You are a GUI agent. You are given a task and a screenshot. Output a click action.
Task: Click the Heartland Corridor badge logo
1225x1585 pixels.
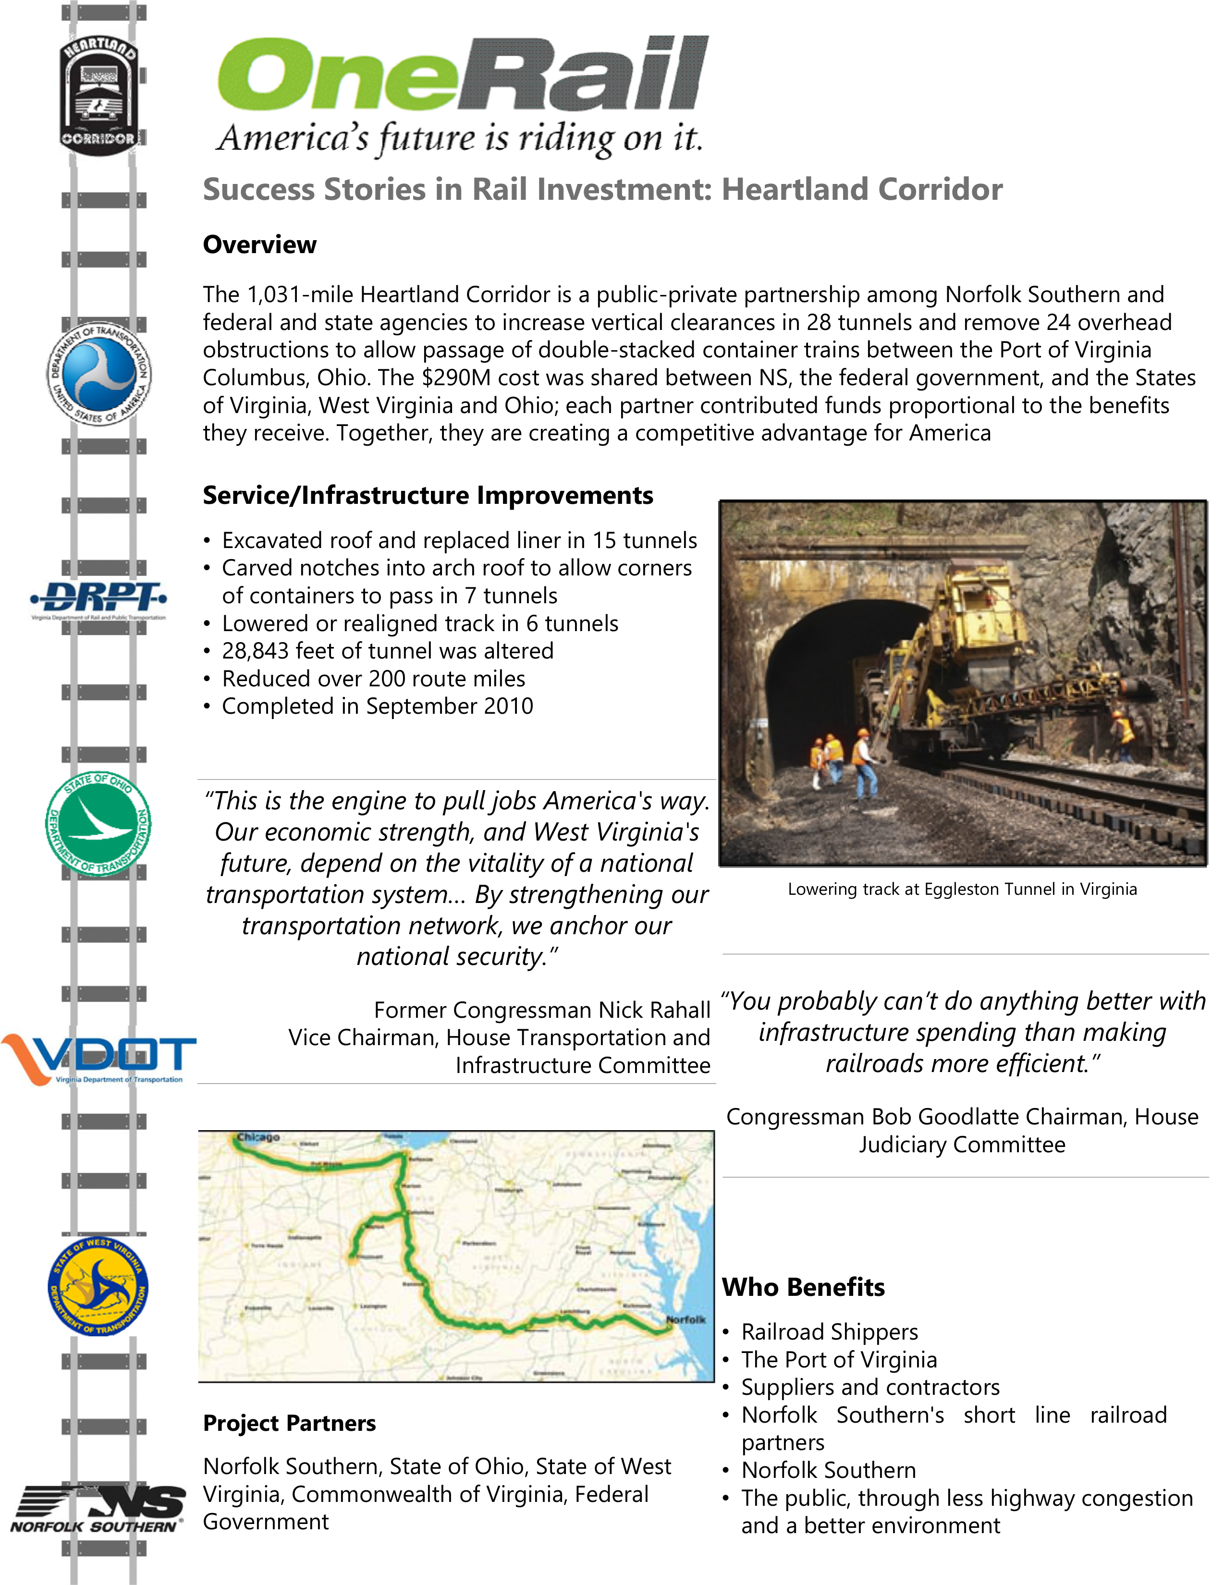(98, 94)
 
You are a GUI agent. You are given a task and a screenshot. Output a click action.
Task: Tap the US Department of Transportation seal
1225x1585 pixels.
(98, 373)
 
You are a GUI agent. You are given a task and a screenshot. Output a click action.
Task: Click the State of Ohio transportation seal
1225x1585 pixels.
(98, 824)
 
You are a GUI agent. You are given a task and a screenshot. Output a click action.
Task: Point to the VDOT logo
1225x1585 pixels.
(98, 1059)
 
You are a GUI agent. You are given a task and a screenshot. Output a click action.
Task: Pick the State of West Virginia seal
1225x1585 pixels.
(98, 1286)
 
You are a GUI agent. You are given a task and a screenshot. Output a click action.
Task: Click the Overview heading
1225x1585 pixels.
(259, 244)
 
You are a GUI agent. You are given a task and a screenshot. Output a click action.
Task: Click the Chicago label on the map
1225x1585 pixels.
(257, 1137)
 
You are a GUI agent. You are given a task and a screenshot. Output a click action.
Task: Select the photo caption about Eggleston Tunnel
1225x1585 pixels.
(962, 889)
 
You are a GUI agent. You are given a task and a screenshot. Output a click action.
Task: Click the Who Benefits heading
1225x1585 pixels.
(803, 1287)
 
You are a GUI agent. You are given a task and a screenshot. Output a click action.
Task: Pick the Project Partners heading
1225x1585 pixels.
(289, 1423)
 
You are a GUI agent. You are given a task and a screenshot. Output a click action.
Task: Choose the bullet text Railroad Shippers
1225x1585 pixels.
(830, 1332)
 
